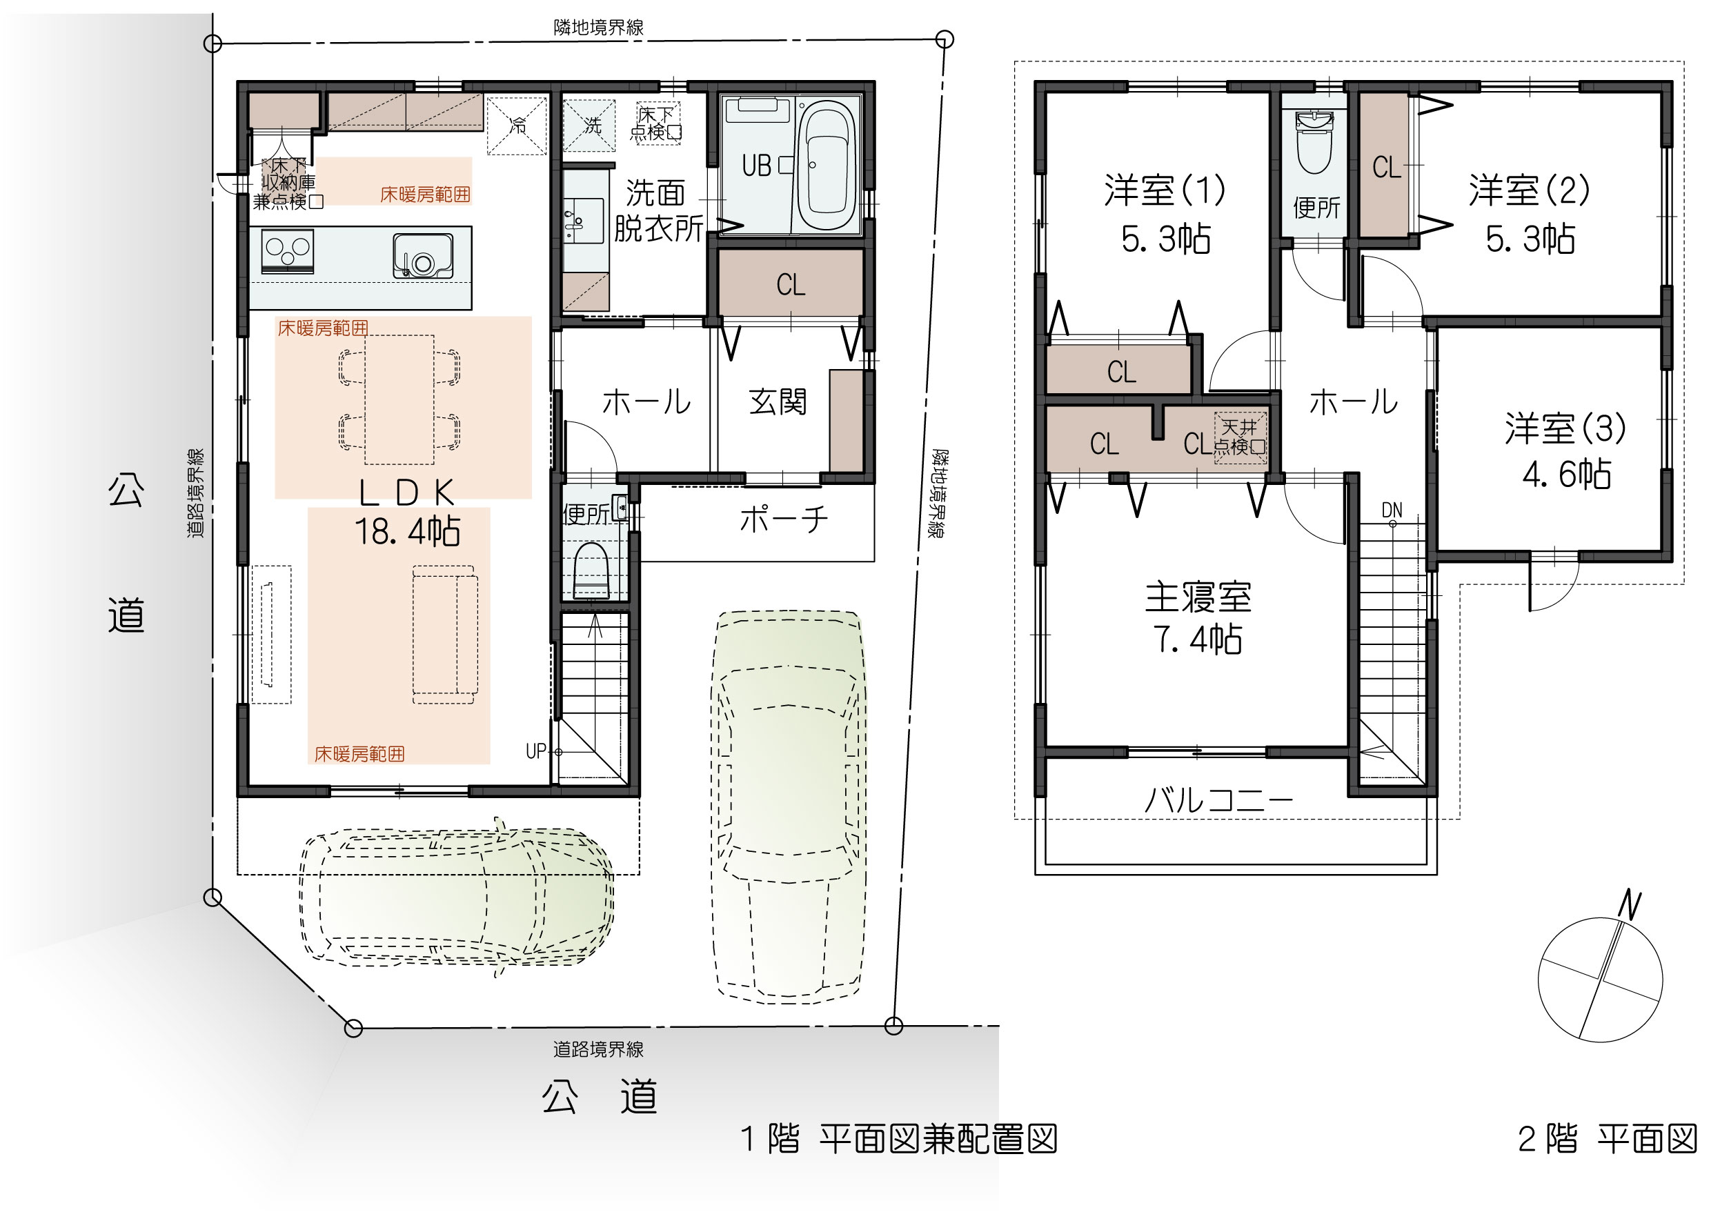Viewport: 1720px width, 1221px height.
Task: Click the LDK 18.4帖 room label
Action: (x=408, y=512)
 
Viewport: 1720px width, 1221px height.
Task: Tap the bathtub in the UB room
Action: (x=825, y=166)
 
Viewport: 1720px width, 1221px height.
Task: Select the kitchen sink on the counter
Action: (x=422, y=256)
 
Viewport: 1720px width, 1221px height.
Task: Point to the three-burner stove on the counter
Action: (x=287, y=251)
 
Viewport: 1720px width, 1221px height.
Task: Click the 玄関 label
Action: (x=778, y=401)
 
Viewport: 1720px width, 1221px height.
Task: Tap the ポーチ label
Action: (x=784, y=519)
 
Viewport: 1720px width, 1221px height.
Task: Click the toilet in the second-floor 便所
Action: (x=1314, y=141)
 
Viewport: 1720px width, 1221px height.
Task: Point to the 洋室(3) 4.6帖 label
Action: (x=1565, y=451)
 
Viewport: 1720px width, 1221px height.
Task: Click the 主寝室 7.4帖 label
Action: (x=1198, y=618)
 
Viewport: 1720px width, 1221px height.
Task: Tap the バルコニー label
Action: (x=1218, y=800)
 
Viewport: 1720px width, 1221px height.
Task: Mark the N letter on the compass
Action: (x=1629, y=904)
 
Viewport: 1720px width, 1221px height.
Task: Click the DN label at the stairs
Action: (x=1392, y=510)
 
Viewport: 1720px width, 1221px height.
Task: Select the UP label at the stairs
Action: (x=535, y=751)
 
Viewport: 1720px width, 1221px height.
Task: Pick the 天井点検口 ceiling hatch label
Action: (x=1239, y=437)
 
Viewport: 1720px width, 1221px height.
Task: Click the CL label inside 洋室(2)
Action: (x=1386, y=167)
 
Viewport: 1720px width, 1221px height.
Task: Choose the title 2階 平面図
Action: (x=1608, y=1139)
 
